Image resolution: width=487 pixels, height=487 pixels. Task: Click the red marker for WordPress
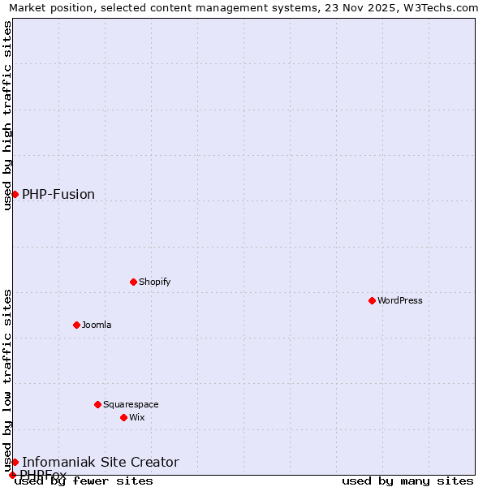tap(372, 300)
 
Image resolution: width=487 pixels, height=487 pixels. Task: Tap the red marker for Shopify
tap(133, 282)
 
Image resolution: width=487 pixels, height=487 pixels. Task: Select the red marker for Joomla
tap(76, 325)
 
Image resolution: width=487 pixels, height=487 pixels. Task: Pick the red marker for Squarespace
tap(97, 404)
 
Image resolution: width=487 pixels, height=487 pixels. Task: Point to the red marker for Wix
tap(123, 417)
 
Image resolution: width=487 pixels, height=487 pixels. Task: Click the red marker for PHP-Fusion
tap(15, 194)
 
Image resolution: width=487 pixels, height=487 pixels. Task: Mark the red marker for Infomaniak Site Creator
tap(15, 462)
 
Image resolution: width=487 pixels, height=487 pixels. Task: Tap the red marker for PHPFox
tap(12, 475)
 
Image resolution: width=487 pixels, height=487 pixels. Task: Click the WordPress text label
tap(400, 300)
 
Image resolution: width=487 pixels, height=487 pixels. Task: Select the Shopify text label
tap(154, 282)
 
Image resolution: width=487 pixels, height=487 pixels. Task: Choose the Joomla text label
tap(97, 325)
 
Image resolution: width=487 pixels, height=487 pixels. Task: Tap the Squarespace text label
tap(131, 404)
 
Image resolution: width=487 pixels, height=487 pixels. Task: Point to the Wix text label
tap(136, 417)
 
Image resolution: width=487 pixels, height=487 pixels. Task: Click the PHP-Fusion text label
tap(58, 194)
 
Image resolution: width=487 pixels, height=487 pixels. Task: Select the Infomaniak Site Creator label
tap(101, 462)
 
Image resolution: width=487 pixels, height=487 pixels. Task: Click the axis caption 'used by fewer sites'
tap(84, 481)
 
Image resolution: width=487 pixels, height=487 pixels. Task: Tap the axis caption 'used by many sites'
tap(407, 481)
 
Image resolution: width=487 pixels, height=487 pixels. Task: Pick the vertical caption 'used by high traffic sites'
tap(7, 115)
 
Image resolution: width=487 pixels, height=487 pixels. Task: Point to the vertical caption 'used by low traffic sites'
tap(7, 380)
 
